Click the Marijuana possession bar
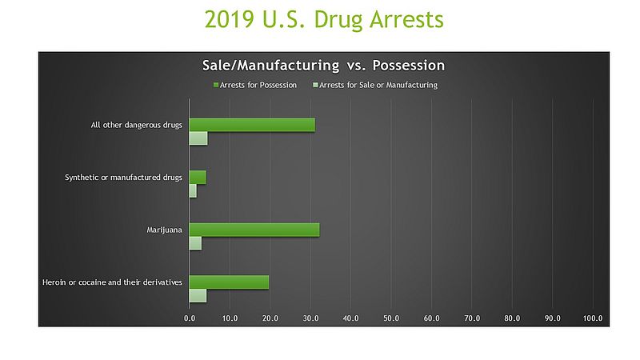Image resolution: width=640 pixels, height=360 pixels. [x=254, y=230]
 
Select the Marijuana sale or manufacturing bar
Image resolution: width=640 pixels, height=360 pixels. [x=195, y=243]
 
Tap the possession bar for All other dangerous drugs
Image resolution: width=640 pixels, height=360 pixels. [x=251, y=125]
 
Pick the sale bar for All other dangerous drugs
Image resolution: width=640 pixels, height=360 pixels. [x=198, y=138]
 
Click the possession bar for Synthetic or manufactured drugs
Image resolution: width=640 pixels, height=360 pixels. [x=197, y=177]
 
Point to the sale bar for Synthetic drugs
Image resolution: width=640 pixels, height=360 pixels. [x=192, y=190]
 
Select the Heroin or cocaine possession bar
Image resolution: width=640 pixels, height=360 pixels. [x=228, y=282]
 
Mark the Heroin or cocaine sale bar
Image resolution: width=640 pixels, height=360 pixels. [x=198, y=295]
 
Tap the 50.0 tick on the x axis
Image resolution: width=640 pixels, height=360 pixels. [x=391, y=318]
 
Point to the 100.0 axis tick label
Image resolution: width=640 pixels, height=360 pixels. [x=592, y=318]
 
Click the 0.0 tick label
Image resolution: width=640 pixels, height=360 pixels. [x=190, y=318]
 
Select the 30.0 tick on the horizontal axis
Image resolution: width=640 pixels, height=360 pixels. [x=310, y=318]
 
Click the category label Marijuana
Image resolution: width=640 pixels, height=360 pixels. [x=165, y=230]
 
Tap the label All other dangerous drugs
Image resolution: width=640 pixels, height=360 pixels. [x=137, y=125]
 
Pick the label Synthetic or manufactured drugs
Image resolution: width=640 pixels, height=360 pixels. [x=123, y=177]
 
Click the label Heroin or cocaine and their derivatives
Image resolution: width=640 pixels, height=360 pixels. [x=112, y=282]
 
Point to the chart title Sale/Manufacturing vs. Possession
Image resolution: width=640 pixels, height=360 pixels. [x=322, y=66]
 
